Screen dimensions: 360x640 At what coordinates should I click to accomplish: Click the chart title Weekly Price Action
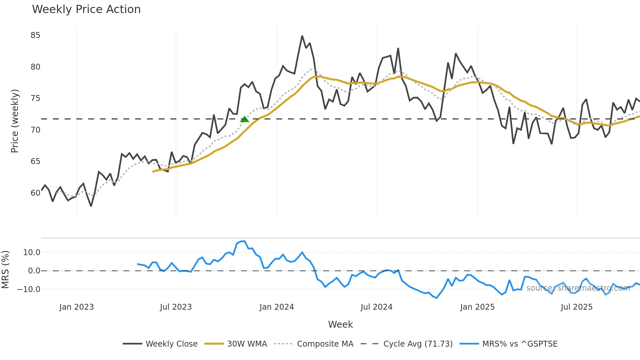86,9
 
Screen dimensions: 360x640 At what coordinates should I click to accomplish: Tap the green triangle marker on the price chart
244,120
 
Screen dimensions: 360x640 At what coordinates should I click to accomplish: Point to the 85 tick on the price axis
35,35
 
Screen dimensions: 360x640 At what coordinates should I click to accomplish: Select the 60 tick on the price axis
35,193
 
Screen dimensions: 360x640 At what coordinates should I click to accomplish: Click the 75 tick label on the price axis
35,98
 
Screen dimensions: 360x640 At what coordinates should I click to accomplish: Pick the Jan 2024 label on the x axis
277,307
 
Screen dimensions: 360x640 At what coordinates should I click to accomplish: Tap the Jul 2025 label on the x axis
576,307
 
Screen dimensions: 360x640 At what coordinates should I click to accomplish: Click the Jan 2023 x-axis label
76,307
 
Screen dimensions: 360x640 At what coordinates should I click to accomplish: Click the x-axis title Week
340,324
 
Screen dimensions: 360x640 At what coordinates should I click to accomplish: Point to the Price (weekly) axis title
15,121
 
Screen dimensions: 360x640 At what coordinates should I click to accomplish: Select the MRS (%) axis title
5,270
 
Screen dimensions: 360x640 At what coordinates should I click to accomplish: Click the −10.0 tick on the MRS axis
29,289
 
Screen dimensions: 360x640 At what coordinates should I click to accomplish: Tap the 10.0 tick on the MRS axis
32,253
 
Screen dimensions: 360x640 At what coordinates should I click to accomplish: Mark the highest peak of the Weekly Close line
302,36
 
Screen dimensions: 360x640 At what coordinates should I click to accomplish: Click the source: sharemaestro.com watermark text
578,288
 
